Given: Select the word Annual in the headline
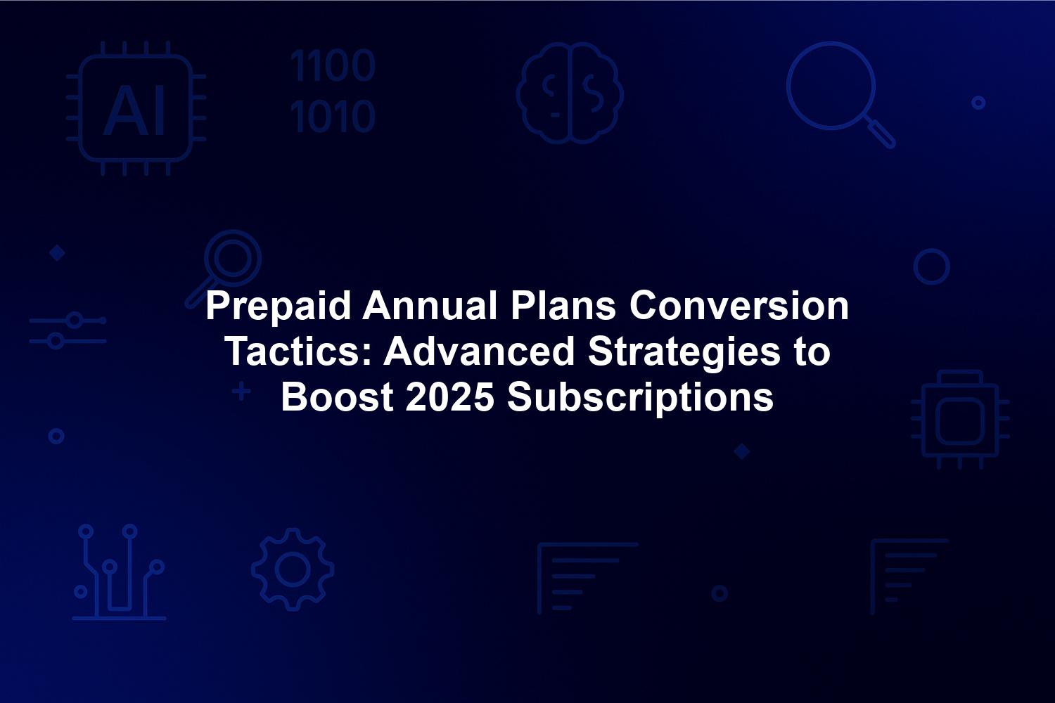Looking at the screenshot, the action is (430, 306).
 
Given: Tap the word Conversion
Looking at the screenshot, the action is (739, 306).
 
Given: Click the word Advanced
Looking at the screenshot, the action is (478, 351).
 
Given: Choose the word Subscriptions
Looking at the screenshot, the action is (640, 399).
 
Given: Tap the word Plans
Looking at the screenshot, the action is (563, 306).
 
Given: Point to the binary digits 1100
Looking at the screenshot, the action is (333, 65).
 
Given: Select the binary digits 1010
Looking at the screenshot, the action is (333, 115).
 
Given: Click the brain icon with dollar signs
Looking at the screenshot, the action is (570, 93).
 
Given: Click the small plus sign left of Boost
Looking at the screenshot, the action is (242, 392).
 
